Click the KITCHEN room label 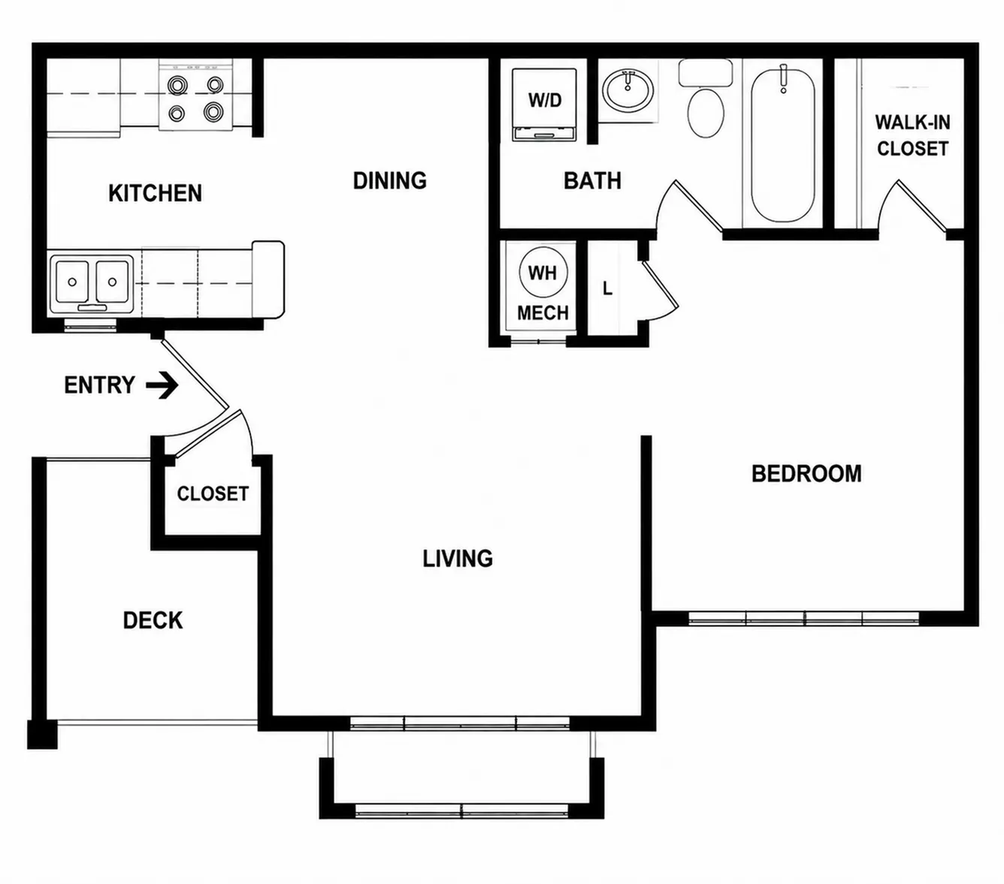(x=155, y=193)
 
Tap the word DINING (x=389, y=180)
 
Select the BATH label (x=592, y=181)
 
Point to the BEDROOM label (x=806, y=473)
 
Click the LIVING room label (x=458, y=559)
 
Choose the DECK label (x=153, y=620)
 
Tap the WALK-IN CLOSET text (x=912, y=135)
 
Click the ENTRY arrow (x=162, y=385)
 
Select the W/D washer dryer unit (x=545, y=105)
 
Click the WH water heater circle (x=543, y=273)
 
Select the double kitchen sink (x=92, y=284)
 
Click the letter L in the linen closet (x=607, y=288)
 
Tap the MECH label (x=543, y=313)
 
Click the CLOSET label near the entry (x=213, y=493)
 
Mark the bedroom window (x=804, y=617)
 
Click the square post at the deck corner (x=42, y=734)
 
